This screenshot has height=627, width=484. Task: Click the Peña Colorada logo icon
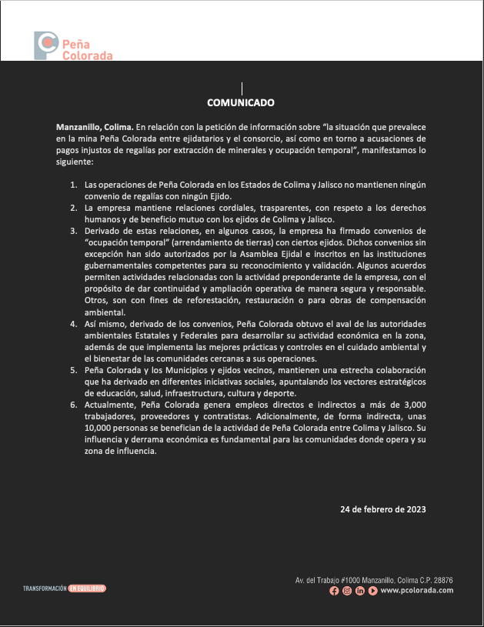45,45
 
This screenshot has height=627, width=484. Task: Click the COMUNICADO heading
241,102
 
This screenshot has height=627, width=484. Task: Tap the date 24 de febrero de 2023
383,509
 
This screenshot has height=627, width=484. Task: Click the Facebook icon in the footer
334,591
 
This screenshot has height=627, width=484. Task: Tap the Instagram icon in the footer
347,591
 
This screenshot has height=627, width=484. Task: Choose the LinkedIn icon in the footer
360,591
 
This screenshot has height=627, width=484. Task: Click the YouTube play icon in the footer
372,591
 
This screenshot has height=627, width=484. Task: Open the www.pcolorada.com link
416,591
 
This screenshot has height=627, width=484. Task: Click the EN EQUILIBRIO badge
86,589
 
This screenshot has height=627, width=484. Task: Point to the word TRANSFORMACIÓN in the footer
44,589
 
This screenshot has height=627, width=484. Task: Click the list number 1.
74,185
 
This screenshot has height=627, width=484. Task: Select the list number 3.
74,230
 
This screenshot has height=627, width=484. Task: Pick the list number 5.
74,371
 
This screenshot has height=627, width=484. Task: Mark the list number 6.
74,404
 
